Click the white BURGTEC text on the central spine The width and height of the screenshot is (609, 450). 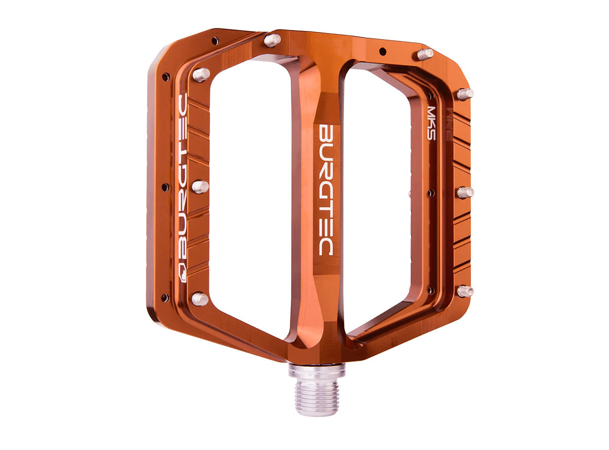pyautogui.click(x=326, y=190)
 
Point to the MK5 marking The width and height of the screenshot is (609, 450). pyautogui.click(x=431, y=122)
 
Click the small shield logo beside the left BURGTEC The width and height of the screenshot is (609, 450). pyautogui.click(x=183, y=271)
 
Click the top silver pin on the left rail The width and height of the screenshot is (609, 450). pyautogui.click(x=201, y=75)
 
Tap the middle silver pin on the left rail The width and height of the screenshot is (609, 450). pyautogui.click(x=200, y=186)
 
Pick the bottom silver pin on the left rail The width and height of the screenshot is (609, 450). pyautogui.click(x=199, y=299)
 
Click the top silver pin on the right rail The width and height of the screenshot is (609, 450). pyautogui.click(x=465, y=94)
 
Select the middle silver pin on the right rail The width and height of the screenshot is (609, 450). pyautogui.click(x=465, y=192)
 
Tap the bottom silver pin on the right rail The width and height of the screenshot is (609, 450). pyautogui.click(x=464, y=291)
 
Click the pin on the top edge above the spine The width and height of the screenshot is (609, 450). pyautogui.click(x=273, y=40)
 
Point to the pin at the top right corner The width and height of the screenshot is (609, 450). pyautogui.click(x=425, y=54)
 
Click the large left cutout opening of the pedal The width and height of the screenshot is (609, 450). pyautogui.click(x=249, y=198)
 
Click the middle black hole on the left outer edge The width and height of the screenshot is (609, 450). pyautogui.click(x=165, y=187)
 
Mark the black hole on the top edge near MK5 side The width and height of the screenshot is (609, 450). pyautogui.click(x=383, y=51)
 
